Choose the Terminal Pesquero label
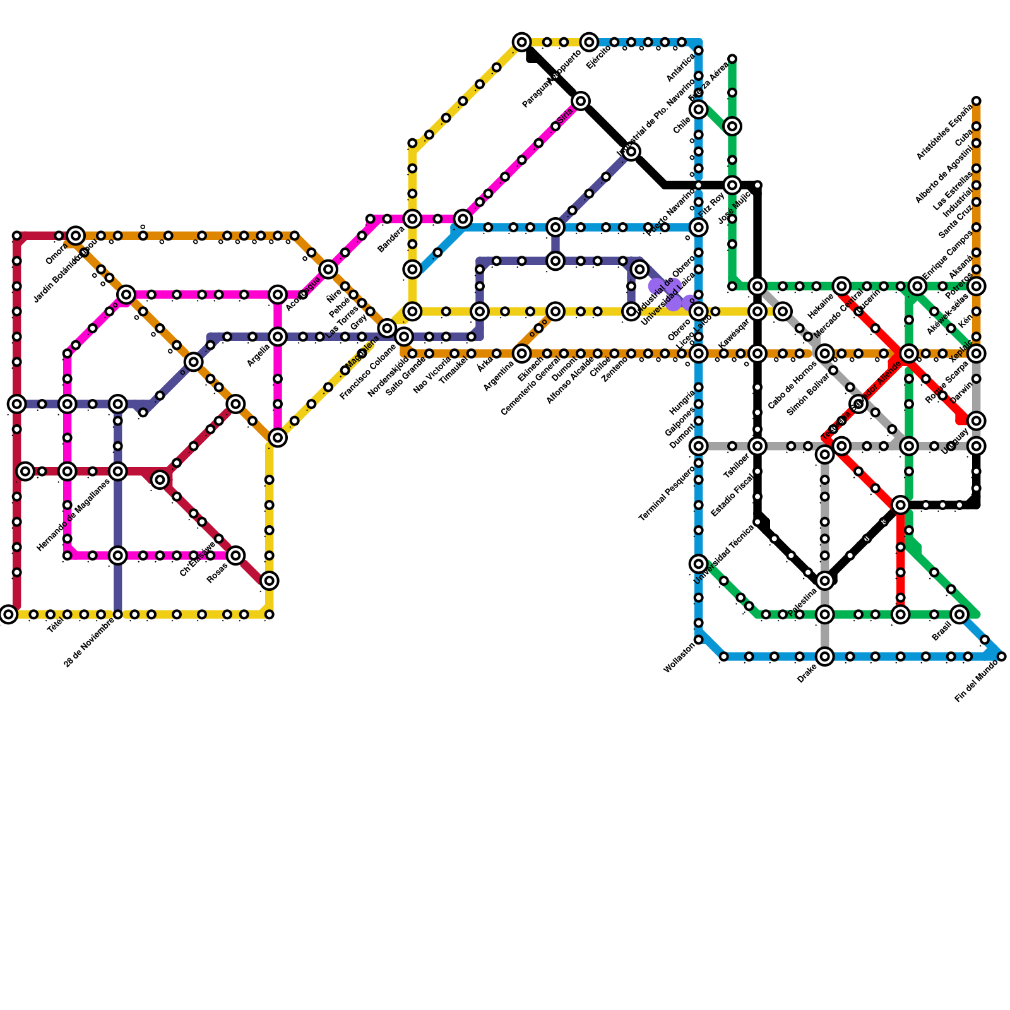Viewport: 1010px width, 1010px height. point(666,492)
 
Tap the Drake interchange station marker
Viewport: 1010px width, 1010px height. point(824,657)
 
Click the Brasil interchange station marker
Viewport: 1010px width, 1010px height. point(959,614)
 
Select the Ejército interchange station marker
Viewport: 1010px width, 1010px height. point(589,42)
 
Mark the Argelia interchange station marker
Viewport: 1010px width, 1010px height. point(278,337)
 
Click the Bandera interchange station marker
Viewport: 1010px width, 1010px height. point(412,219)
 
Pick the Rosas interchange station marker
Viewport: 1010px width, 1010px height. point(235,555)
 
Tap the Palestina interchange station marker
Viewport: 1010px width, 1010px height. point(824,581)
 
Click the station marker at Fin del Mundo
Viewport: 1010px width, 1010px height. point(1001,657)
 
